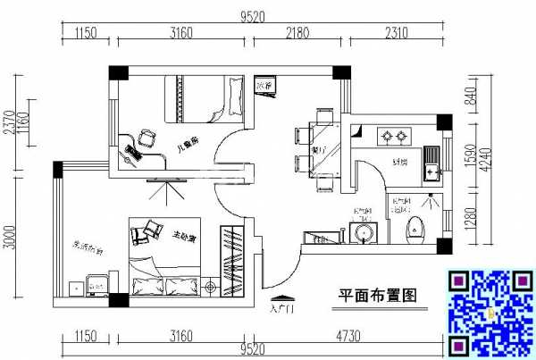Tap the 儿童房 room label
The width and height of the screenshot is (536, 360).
click(x=188, y=140)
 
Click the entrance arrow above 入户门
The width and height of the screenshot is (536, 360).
click(x=281, y=299)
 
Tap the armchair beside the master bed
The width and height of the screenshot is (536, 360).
click(x=141, y=234)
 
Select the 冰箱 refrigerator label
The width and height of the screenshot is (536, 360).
click(x=264, y=85)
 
